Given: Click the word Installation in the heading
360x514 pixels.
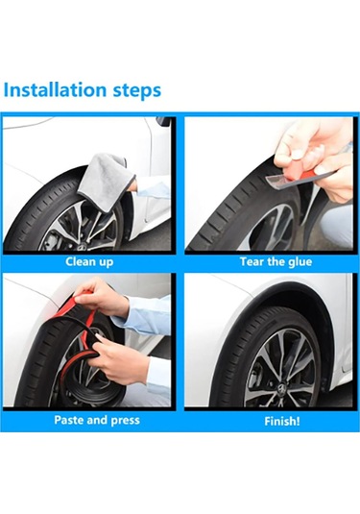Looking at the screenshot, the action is coord(55,89).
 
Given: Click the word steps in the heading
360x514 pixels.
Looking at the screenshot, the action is coord(137,91).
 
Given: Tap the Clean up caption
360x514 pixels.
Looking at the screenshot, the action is coord(89,262).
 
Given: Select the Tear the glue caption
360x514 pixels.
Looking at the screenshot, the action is coord(276,261).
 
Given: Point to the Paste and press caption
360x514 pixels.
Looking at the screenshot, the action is coord(97,420).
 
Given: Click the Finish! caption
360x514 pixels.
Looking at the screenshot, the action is coord(282,421).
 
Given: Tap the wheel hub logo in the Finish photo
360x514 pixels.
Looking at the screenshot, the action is coord(281,389).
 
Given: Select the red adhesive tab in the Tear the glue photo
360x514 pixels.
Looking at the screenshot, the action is coord(303,176).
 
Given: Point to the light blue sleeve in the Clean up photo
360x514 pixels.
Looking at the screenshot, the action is coord(153,189).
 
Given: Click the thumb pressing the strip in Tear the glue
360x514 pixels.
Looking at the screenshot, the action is coord(294,153).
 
